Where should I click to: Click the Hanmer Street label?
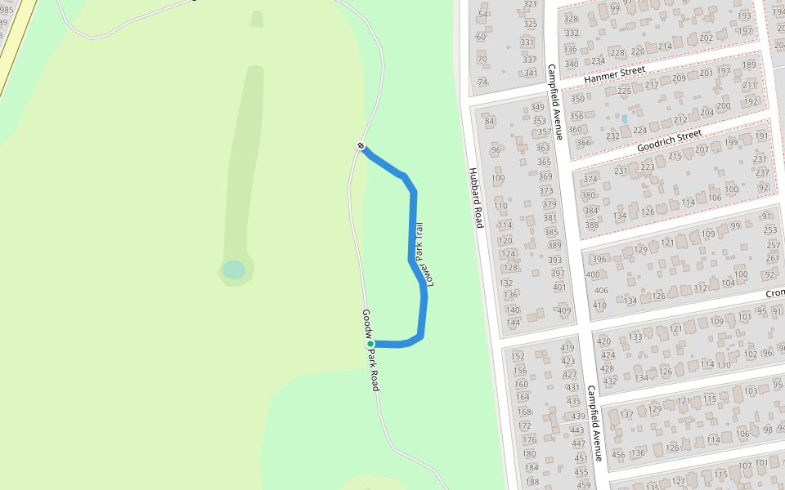[615, 75]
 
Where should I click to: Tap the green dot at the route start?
[370, 344]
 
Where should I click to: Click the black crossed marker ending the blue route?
[361, 146]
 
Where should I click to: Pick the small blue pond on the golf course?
[234, 269]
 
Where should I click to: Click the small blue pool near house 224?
[625, 119]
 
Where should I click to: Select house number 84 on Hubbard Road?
[491, 122]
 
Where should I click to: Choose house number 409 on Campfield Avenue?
[563, 310]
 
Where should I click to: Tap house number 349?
[537, 107]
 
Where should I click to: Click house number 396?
[599, 260]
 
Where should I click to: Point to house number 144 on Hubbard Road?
[513, 323]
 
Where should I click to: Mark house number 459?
[583, 485]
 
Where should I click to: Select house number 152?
[518, 356]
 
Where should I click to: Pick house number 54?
[482, 15]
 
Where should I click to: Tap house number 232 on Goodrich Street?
[612, 136]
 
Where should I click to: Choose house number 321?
[531, 4]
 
